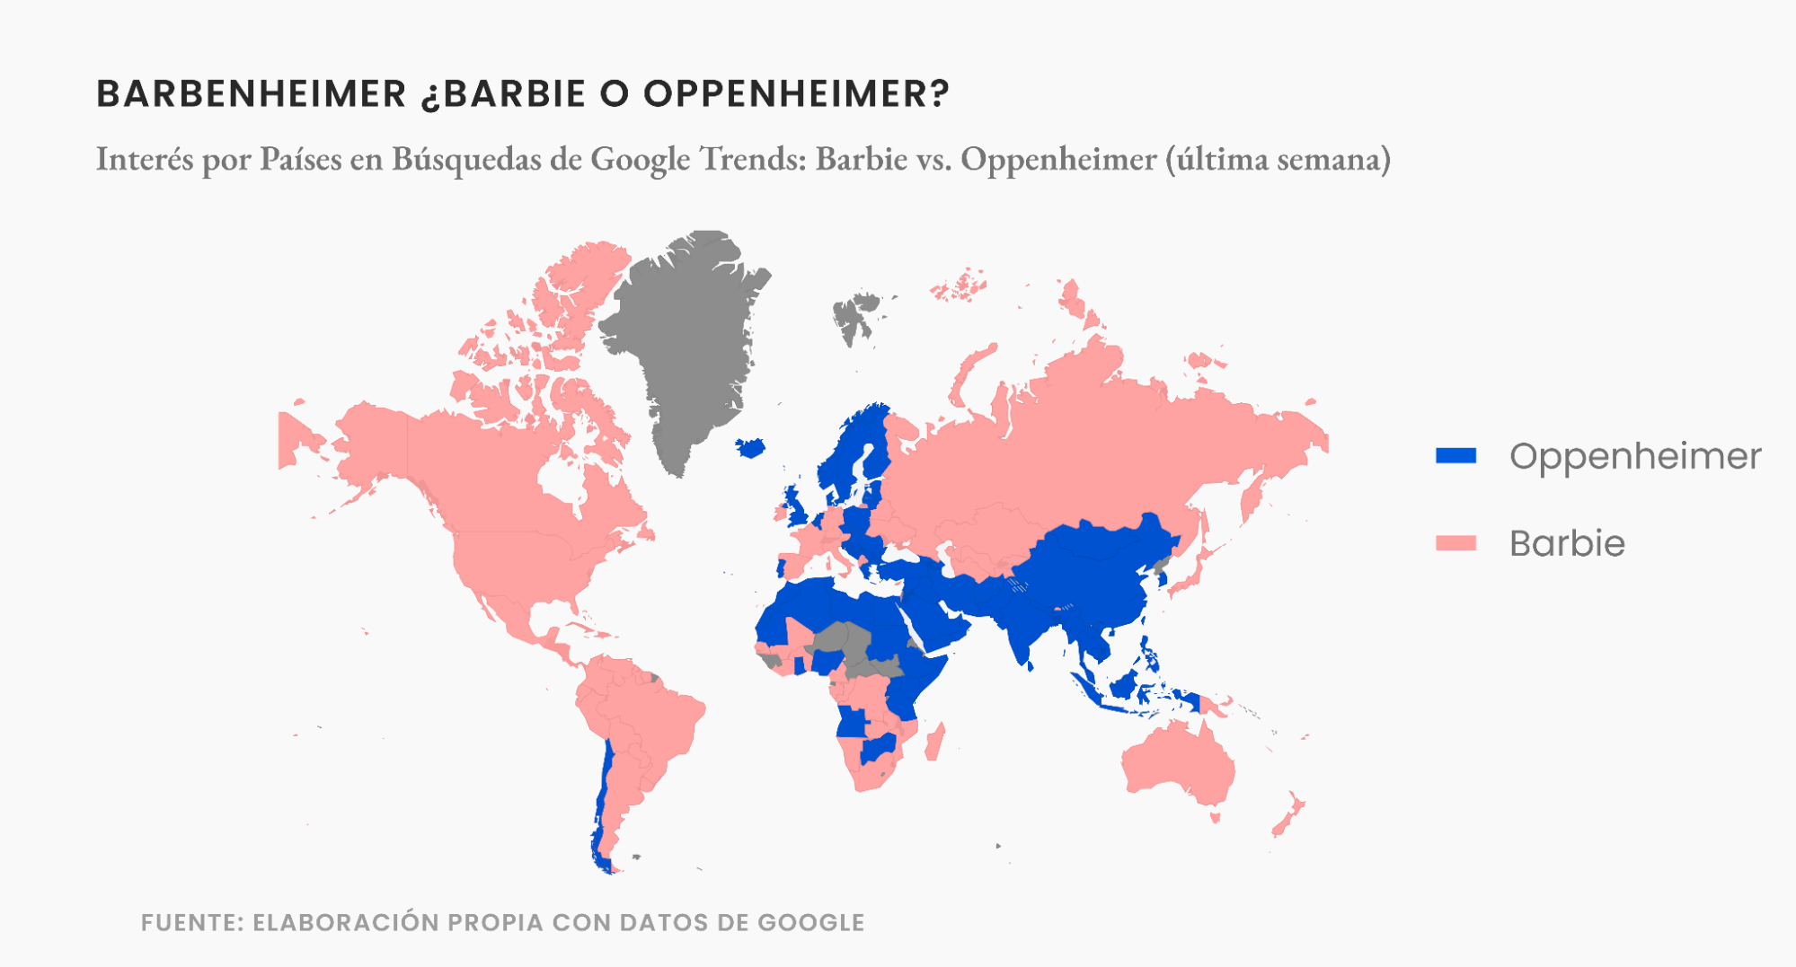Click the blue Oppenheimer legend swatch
1455,456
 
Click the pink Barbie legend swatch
1455,543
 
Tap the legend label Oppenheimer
1635,456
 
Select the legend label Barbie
1567,543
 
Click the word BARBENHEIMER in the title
252,94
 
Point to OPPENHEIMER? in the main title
796,94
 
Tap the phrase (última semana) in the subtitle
1278,159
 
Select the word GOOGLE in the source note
810,922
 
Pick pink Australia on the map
1177,763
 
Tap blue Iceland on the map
750,446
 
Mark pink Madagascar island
935,743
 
